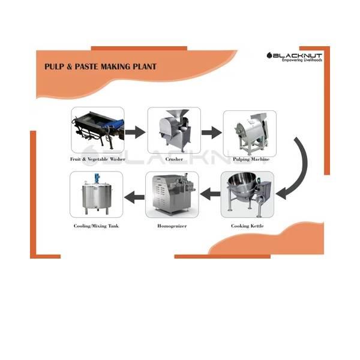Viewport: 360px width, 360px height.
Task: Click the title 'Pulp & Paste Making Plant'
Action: pyautogui.click(x=100, y=67)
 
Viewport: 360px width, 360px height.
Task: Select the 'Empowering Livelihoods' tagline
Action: pyautogui.click(x=302, y=60)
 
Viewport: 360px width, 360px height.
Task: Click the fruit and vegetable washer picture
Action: pyautogui.click(x=98, y=130)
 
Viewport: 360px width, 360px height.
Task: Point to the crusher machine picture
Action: pyautogui.click(x=174, y=130)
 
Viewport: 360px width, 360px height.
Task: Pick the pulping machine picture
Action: pyautogui.click(x=250, y=133)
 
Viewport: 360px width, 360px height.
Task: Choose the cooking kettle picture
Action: pyautogui.click(x=247, y=194)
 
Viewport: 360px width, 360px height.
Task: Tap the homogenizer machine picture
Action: pyautogui.click(x=172, y=194)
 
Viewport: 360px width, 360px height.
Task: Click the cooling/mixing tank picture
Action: pyautogui.click(x=97, y=194)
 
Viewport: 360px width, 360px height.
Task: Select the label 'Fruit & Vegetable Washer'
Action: pyautogui.click(x=98, y=159)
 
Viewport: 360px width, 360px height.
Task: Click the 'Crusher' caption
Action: pyautogui.click(x=174, y=159)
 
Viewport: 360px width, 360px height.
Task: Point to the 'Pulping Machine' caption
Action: pyautogui.click(x=251, y=159)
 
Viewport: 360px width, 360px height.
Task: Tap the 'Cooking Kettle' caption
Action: pyautogui.click(x=247, y=226)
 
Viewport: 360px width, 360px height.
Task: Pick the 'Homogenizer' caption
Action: pyautogui.click(x=172, y=226)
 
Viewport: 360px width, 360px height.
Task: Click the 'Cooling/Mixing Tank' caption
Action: pyautogui.click(x=96, y=226)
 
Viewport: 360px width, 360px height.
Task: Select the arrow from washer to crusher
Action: pyautogui.click(x=135, y=132)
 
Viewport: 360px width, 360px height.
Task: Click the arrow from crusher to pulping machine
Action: pyautogui.click(x=212, y=133)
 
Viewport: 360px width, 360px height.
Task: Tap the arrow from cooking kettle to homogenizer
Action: pyautogui.click(x=211, y=194)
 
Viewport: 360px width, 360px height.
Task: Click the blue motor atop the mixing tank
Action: pyautogui.click(x=96, y=178)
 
